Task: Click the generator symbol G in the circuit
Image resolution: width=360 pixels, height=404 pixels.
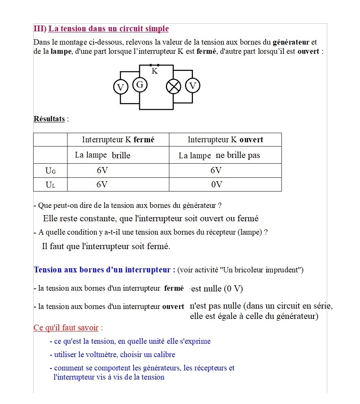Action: (x=140, y=85)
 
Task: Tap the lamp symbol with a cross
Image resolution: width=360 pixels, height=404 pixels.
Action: (x=174, y=87)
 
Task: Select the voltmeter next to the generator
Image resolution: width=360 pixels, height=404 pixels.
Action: (x=121, y=87)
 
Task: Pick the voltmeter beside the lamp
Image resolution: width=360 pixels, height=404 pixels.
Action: (x=193, y=86)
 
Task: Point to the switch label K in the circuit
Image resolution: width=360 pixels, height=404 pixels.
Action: (x=154, y=71)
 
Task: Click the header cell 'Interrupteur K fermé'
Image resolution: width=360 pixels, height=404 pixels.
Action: (x=118, y=140)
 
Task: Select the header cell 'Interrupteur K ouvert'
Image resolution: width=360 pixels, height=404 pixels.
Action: (x=225, y=140)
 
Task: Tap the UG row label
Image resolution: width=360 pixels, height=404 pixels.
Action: (x=50, y=171)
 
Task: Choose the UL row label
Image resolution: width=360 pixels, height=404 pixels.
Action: (x=50, y=185)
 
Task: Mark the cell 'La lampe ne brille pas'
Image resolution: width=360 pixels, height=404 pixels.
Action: (x=219, y=155)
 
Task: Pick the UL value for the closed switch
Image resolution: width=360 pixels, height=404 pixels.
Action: (x=102, y=185)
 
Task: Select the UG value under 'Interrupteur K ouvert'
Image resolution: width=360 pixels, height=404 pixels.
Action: (x=216, y=171)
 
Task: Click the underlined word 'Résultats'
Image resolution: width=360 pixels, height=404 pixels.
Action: (x=49, y=119)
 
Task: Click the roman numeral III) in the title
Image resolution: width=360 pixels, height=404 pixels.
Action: (x=40, y=29)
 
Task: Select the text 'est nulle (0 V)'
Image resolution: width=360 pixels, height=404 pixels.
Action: (x=217, y=288)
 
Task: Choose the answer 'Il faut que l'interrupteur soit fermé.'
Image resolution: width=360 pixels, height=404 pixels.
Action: (x=106, y=246)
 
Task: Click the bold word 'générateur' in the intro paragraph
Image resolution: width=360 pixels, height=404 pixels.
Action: (x=291, y=42)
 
